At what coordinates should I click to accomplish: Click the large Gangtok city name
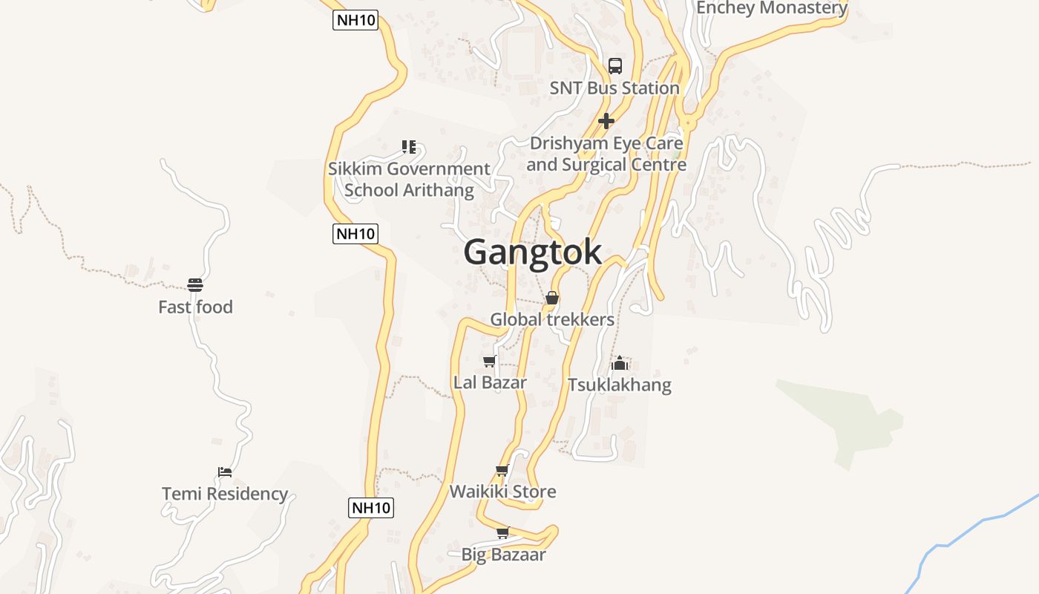click(x=532, y=252)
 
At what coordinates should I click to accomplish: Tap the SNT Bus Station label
click(x=614, y=88)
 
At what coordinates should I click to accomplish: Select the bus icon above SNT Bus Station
click(x=615, y=65)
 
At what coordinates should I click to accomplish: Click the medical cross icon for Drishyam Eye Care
click(x=606, y=120)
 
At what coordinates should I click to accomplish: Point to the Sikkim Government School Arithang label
click(x=409, y=179)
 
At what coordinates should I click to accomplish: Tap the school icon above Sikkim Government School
click(x=408, y=146)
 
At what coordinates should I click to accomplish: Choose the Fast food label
click(x=195, y=307)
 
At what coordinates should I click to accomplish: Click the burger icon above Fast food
click(x=195, y=284)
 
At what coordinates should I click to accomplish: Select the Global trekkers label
click(x=552, y=319)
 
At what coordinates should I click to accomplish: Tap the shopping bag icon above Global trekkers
click(x=552, y=298)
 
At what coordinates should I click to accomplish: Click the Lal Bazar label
click(x=490, y=382)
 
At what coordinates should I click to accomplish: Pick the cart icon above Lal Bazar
click(x=490, y=362)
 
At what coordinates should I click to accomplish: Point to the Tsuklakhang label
click(x=619, y=385)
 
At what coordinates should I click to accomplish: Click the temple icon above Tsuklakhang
click(x=620, y=363)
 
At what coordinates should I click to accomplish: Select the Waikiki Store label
click(x=502, y=492)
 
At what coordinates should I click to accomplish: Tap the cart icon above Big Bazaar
click(x=502, y=532)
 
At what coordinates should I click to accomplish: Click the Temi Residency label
click(x=225, y=494)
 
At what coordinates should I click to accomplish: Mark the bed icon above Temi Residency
click(x=225, y=471)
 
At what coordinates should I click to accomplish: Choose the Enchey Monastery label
click(x=772, y=8)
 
